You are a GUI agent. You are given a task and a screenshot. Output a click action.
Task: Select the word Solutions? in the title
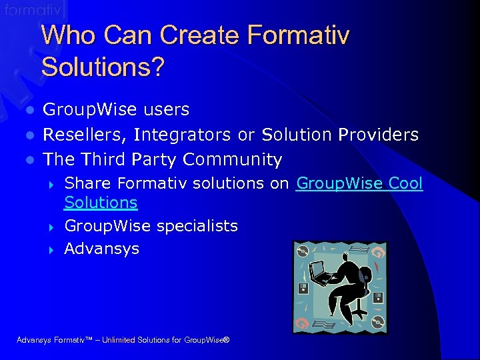coord(102,67)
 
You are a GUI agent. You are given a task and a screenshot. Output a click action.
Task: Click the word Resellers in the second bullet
coord(85,135)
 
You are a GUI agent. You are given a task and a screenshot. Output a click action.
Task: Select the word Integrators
coord(183,135)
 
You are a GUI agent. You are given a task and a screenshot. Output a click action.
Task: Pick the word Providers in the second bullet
coord(378,135)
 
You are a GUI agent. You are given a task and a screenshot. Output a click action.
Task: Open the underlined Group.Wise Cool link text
coord(359,183)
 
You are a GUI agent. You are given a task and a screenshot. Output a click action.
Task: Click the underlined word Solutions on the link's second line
coord(101,203)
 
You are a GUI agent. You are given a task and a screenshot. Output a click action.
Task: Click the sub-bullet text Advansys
coord(102,249)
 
